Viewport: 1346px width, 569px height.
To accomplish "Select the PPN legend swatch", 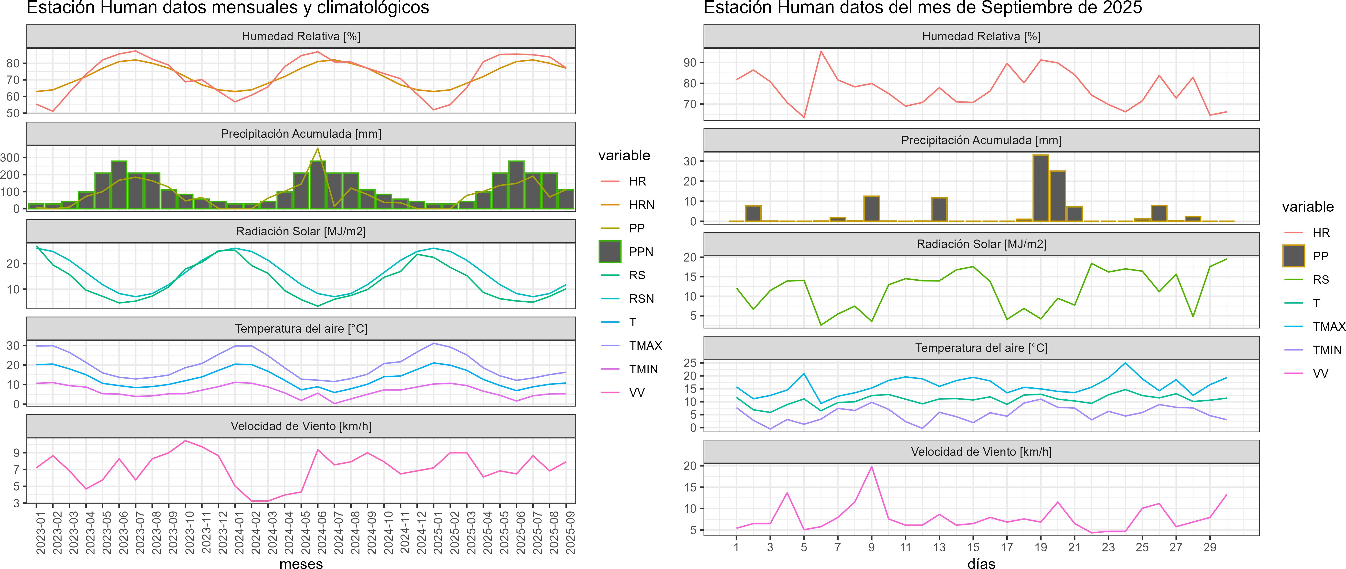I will click(610, 252).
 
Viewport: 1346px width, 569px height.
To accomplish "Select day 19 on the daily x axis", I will click(1040, 547).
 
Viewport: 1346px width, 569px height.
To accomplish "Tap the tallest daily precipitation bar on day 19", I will click(1040, 188).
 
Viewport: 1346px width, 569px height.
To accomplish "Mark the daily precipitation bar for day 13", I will click(939, 209).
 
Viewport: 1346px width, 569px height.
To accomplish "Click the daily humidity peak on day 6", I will click(821, 51).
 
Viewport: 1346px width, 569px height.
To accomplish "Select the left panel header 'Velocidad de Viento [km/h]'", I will click(301, 426).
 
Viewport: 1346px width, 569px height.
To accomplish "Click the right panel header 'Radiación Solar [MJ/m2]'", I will click(981, 244).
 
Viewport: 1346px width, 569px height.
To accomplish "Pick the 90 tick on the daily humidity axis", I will click(690, 63).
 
